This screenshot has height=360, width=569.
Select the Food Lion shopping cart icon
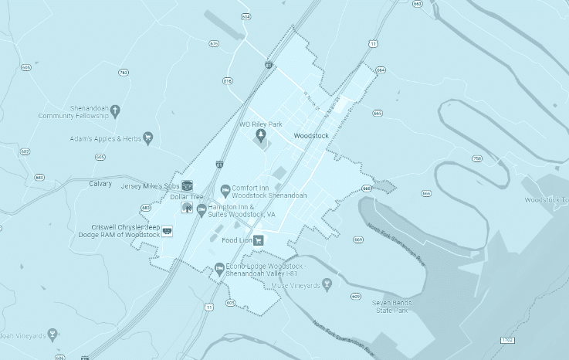259,240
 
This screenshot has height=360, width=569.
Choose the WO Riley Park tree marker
261,136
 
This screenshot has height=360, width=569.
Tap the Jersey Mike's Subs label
150,186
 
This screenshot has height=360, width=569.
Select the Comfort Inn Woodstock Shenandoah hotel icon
225,190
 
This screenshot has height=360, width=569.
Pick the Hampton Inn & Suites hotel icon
201,209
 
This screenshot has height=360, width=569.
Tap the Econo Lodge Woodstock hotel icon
219,269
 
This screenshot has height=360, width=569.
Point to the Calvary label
101,184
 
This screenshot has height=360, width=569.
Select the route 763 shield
124,73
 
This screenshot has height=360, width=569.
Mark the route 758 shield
477,158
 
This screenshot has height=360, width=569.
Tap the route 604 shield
246,16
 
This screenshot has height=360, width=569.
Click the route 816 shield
227,81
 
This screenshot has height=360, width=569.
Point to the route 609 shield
354,297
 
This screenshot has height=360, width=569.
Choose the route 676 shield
214,43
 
